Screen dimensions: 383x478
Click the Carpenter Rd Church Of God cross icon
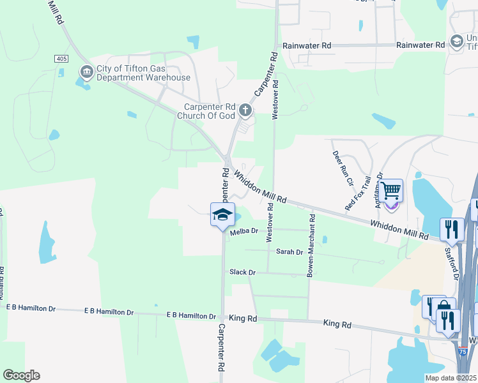click(x=245, y=112)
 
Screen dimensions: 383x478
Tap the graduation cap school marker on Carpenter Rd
click(x=222, y=214)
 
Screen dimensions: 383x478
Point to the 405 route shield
click(x=61, y=59)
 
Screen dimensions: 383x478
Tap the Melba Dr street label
click(x=243, y=231)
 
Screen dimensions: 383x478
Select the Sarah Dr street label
click(x=289, y=252)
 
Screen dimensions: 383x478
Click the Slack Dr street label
click(x=243, y=273)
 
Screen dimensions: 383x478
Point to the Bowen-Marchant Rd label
click(x=311, y=244)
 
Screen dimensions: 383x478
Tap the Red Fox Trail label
click(x=358, y=193)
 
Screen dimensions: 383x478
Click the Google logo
click(x=21, y=375)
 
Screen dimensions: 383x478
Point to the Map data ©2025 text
click(x=451, y=377)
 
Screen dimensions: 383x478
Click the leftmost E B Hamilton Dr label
click(x=31, y=308)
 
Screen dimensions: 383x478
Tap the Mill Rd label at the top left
click(x=55, y=12)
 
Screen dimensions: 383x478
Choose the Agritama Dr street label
click(x=378, y=186)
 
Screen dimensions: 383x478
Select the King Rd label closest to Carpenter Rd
click(x=243, y=318)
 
